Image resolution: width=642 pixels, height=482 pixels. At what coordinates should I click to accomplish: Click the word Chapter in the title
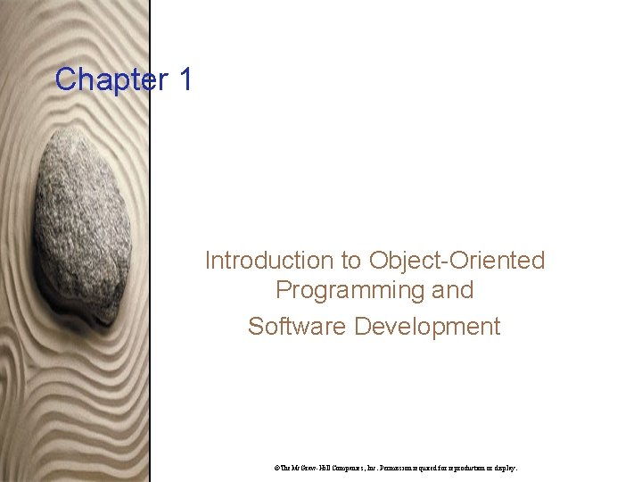(x=104, y=79)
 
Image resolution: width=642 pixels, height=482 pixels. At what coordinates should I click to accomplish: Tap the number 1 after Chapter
(x=185, y=79)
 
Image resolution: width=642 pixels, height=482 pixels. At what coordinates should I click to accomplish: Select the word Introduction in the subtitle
(x=268, y=261)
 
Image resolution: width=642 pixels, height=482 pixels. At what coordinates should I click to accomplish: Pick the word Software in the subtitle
(x=297, y=327)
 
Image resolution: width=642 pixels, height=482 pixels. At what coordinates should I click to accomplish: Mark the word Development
(x=427, y=327)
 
